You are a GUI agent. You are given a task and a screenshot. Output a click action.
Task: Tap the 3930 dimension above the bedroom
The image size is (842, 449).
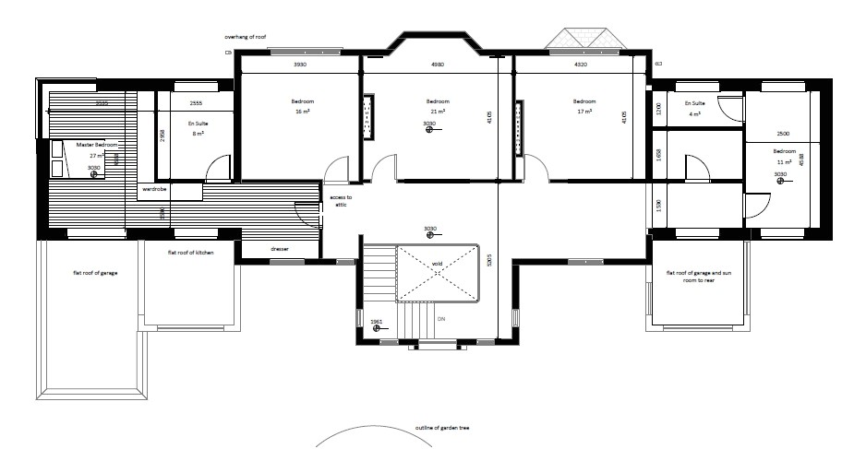point(300,65)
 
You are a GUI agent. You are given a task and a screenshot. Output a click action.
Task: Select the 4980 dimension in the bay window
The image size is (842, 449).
point(438,65)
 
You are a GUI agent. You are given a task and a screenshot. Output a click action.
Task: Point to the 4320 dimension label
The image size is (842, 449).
point(582,65)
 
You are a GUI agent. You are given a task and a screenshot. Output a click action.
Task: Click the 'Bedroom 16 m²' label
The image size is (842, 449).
point(302,105)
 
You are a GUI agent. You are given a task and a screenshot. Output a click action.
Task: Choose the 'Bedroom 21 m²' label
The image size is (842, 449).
point(438,105)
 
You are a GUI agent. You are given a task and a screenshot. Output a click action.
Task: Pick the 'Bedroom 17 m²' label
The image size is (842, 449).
point(584,105)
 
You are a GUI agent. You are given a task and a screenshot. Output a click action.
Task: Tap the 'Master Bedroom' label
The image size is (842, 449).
point(97,146)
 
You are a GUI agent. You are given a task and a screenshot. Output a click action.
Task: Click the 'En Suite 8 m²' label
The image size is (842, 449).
point(198,128)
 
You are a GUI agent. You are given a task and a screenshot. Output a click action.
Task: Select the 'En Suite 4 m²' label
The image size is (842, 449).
point(695,110)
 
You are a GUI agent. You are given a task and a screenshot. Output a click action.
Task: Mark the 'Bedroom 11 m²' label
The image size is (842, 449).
point(784,156)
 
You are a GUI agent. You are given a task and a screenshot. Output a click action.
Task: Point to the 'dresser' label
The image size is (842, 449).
point(280,249)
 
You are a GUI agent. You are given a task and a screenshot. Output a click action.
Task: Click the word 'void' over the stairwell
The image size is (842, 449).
point(438,265)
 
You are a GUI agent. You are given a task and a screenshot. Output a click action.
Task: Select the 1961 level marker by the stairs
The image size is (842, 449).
point(376,321)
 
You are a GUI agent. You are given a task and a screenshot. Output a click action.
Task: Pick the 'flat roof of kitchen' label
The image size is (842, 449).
point(191,252)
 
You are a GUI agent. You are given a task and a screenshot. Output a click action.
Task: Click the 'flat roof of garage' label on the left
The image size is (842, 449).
point(96,273)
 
